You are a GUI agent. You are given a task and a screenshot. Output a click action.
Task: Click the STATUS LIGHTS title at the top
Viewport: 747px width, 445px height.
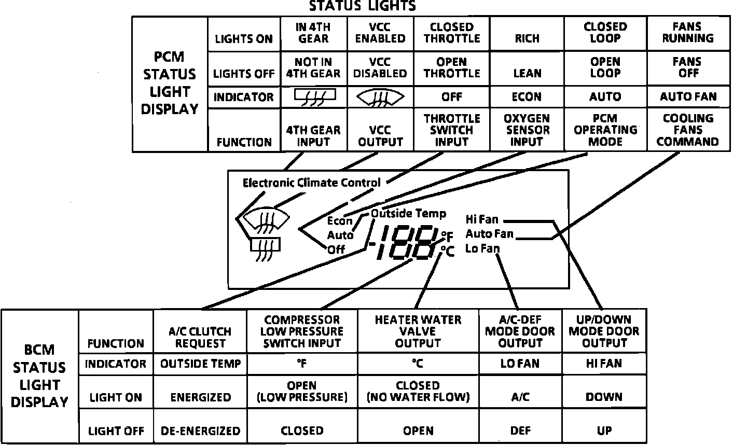362,6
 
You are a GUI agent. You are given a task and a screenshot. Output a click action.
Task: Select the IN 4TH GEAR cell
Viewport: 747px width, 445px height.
313,33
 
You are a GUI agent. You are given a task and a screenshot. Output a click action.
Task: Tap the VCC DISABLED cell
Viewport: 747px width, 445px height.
380,68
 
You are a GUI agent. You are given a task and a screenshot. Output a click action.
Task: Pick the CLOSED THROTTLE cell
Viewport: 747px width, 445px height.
452,33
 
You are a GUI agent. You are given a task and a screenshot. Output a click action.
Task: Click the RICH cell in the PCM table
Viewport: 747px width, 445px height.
527,38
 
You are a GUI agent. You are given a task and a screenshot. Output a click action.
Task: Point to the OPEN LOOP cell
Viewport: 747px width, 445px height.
605,68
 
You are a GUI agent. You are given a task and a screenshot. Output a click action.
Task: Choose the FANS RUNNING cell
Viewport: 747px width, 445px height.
688,33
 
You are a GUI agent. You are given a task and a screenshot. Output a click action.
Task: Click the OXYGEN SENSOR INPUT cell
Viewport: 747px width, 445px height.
527,130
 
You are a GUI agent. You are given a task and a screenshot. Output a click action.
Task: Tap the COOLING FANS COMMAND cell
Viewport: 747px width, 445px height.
688,130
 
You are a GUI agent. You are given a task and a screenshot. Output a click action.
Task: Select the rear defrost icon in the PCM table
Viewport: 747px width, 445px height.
314,96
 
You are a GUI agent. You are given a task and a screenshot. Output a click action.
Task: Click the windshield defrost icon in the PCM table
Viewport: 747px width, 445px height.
380,97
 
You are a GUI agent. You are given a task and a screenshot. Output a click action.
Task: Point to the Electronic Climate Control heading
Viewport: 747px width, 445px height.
311,183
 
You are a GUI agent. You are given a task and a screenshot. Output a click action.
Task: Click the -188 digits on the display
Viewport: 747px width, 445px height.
402,243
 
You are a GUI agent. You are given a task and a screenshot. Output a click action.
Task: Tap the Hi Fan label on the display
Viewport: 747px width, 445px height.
482,219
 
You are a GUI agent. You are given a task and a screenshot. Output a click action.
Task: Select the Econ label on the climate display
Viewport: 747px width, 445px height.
340,221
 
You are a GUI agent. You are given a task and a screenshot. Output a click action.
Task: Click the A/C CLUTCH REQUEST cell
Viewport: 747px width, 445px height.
200,337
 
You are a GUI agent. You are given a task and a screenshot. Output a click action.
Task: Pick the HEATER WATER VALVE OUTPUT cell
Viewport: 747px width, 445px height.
418,331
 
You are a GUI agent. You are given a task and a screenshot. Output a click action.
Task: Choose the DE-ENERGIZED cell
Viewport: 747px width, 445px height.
200,431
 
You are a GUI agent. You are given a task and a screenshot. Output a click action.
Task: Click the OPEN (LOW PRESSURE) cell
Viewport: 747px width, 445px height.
302,392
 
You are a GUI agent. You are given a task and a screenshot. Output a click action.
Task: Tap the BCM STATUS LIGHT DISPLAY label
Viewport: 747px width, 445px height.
39,376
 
